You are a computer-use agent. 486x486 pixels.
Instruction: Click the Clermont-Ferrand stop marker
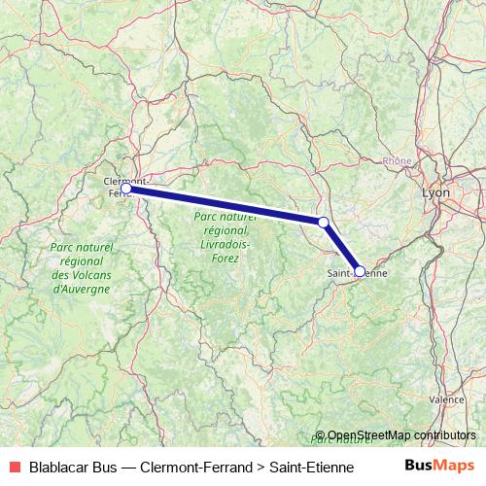click(x=125, y=188)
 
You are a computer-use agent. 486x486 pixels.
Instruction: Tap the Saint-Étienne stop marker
click(x=360, y=271)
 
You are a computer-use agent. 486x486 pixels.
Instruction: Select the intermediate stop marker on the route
click(x=324, y=223)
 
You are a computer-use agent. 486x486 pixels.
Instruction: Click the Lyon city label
click(x=436, y=193)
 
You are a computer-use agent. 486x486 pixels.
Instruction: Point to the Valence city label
click(x=446, y=399)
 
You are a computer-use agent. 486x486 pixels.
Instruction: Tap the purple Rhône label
click(x=397, y=161)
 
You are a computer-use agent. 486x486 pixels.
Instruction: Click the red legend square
click(x=14, y=466)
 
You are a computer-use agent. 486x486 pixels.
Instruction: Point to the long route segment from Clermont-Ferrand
click(x=224, y=205)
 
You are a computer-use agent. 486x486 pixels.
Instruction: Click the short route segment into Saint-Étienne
click(x=342, y=248)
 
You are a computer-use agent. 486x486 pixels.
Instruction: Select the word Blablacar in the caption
click(x=60, y=466)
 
